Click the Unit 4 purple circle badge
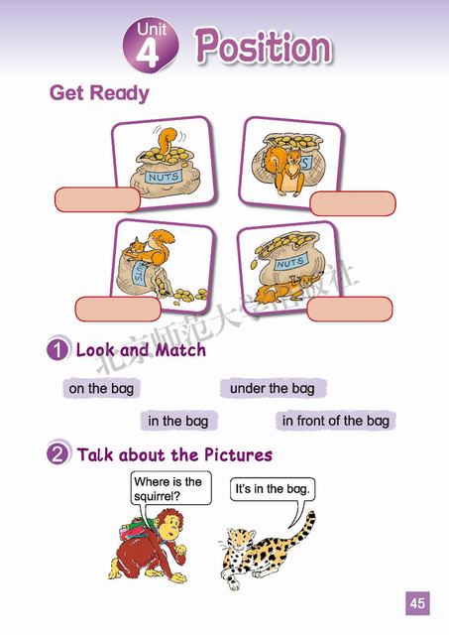(151, 46)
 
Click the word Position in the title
(264, 47)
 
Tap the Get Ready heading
(99, 92)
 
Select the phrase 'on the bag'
(101, 388)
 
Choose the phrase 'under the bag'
(273, 388)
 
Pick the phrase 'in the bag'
(178, 421)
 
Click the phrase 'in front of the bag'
(335, 421)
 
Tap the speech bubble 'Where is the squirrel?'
(170, 488)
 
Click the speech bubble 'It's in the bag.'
(273, 489)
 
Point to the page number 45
(417, 603)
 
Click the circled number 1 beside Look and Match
(57, 348)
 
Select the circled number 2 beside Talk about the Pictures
(57, 453)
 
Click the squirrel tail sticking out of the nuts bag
(167, 141)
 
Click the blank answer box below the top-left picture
(97, 199)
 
